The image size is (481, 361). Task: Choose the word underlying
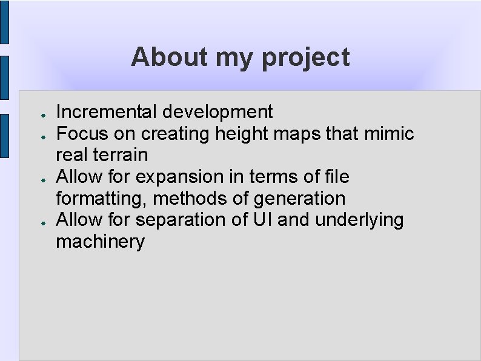coord(359,220)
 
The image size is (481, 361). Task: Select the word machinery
coord(100,242)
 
